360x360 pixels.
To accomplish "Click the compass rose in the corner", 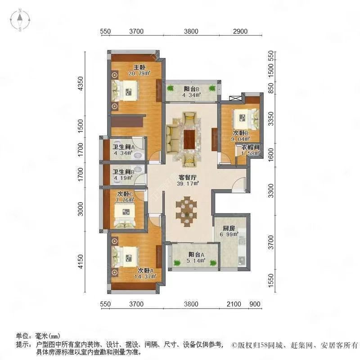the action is click(x=20, y=20).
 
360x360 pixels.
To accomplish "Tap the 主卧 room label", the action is click(x=139, y=67).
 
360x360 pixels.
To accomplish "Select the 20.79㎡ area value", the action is click(x=139, y=73).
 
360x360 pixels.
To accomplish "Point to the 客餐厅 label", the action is click(x=188, y=177).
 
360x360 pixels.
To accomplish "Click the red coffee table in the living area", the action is click(x=189, y=139).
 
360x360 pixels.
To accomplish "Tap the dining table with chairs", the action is click(x=186, y=211).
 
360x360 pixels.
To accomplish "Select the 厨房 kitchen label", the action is click(x=229, y=229).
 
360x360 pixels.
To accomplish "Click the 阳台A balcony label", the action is click(x=196, y=255).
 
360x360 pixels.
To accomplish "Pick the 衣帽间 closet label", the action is click(x=250, y=147).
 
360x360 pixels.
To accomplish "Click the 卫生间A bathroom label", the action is click(x=123, y=147).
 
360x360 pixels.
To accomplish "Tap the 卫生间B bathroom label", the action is click(x=123, y=172).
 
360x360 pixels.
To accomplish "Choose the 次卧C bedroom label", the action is click(x=125, y=194).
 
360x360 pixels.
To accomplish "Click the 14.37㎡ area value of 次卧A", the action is click(x=145, y=277).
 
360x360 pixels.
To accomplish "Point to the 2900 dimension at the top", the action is click(x=240, y=31).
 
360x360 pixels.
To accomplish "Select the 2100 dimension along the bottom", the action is click(x=234, y=304).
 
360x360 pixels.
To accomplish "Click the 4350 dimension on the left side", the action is click(x=81, y=84).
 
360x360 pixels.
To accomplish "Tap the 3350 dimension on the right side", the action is click(x=271, y=119).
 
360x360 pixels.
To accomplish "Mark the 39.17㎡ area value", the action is click(x=188, y=184).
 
